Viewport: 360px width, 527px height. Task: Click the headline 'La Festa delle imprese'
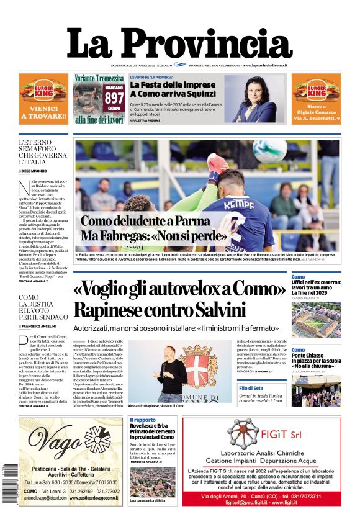coord(164,84)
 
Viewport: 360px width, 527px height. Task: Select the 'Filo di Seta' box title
coord(252,388)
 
